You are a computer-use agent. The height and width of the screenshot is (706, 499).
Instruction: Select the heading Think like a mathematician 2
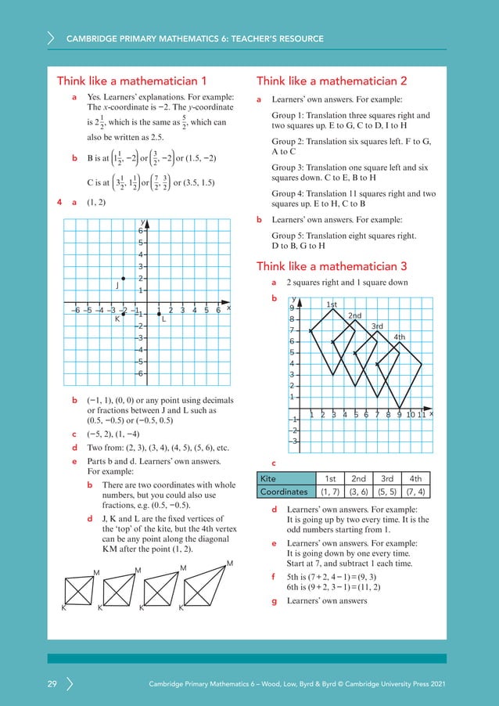332,81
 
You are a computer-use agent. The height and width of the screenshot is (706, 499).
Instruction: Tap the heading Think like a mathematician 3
332,265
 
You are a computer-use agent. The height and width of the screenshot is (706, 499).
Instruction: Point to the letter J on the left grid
117,285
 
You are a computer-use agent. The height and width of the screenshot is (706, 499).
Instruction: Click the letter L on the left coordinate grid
163,319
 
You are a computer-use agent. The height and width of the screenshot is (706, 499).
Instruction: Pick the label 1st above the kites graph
332,304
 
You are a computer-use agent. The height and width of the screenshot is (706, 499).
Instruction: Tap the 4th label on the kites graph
399,337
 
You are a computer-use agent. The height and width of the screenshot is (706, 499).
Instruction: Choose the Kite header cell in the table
271,478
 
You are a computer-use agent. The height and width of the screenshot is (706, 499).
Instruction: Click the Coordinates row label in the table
285,492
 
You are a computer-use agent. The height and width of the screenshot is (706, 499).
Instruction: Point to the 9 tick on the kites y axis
291,308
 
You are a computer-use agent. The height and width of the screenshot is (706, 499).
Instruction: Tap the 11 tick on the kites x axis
422,414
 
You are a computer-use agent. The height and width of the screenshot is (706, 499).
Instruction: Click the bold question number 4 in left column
59,203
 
